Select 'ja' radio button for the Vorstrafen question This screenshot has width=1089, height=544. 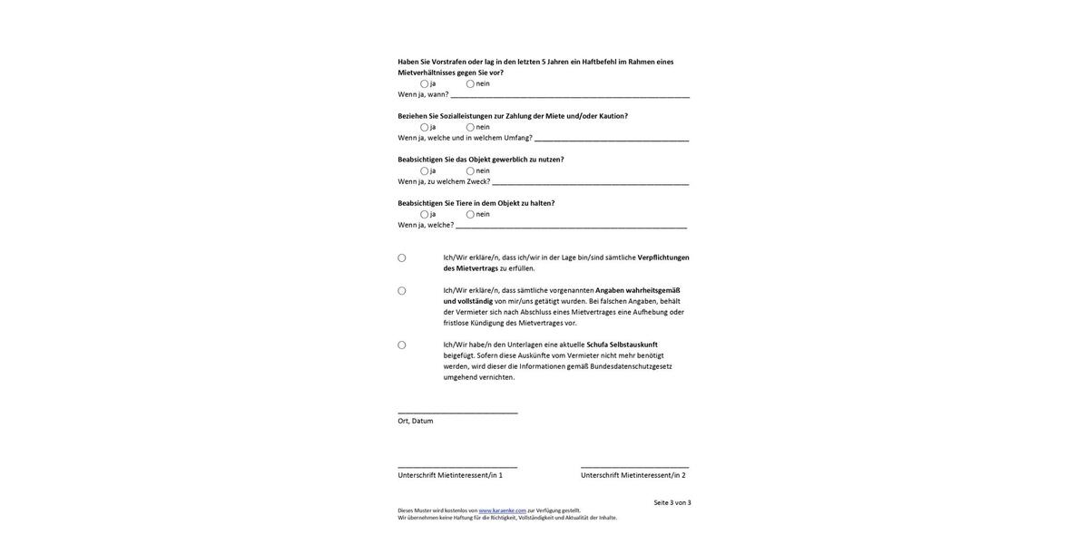tap(424, 84)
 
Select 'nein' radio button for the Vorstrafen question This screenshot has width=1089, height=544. tap(470, 84)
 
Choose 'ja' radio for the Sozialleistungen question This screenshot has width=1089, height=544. tap(424, 128)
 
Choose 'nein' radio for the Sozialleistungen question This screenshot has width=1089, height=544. tap(470, 128)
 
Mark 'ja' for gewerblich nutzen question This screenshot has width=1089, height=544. tap(424, 171)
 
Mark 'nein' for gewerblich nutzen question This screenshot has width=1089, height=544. tap(470, 171)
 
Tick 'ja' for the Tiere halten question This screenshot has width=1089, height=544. tap(424, 215)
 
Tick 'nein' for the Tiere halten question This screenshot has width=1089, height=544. tap(470, 215)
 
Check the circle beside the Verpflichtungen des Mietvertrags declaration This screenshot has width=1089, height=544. tap(402, 258)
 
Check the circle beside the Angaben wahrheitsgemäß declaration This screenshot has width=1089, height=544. tap(402, 291)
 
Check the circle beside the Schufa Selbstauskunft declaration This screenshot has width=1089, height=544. tap(402, 345)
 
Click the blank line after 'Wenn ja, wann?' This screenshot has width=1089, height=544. tap(570, 95)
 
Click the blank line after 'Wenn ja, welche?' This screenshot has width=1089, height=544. tap(572, 226)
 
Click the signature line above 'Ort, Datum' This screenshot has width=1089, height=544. tap(457, 413)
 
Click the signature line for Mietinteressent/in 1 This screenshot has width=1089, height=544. tap(457, 467)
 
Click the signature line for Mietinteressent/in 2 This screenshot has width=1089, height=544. tap(635, 467)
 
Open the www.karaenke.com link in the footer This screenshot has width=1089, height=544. tap(503, 510)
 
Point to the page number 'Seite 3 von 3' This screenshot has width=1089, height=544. tap(672, 503)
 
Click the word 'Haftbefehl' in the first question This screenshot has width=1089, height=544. tap(599, 62)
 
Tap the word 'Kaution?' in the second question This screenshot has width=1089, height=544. tap(613, 116)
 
